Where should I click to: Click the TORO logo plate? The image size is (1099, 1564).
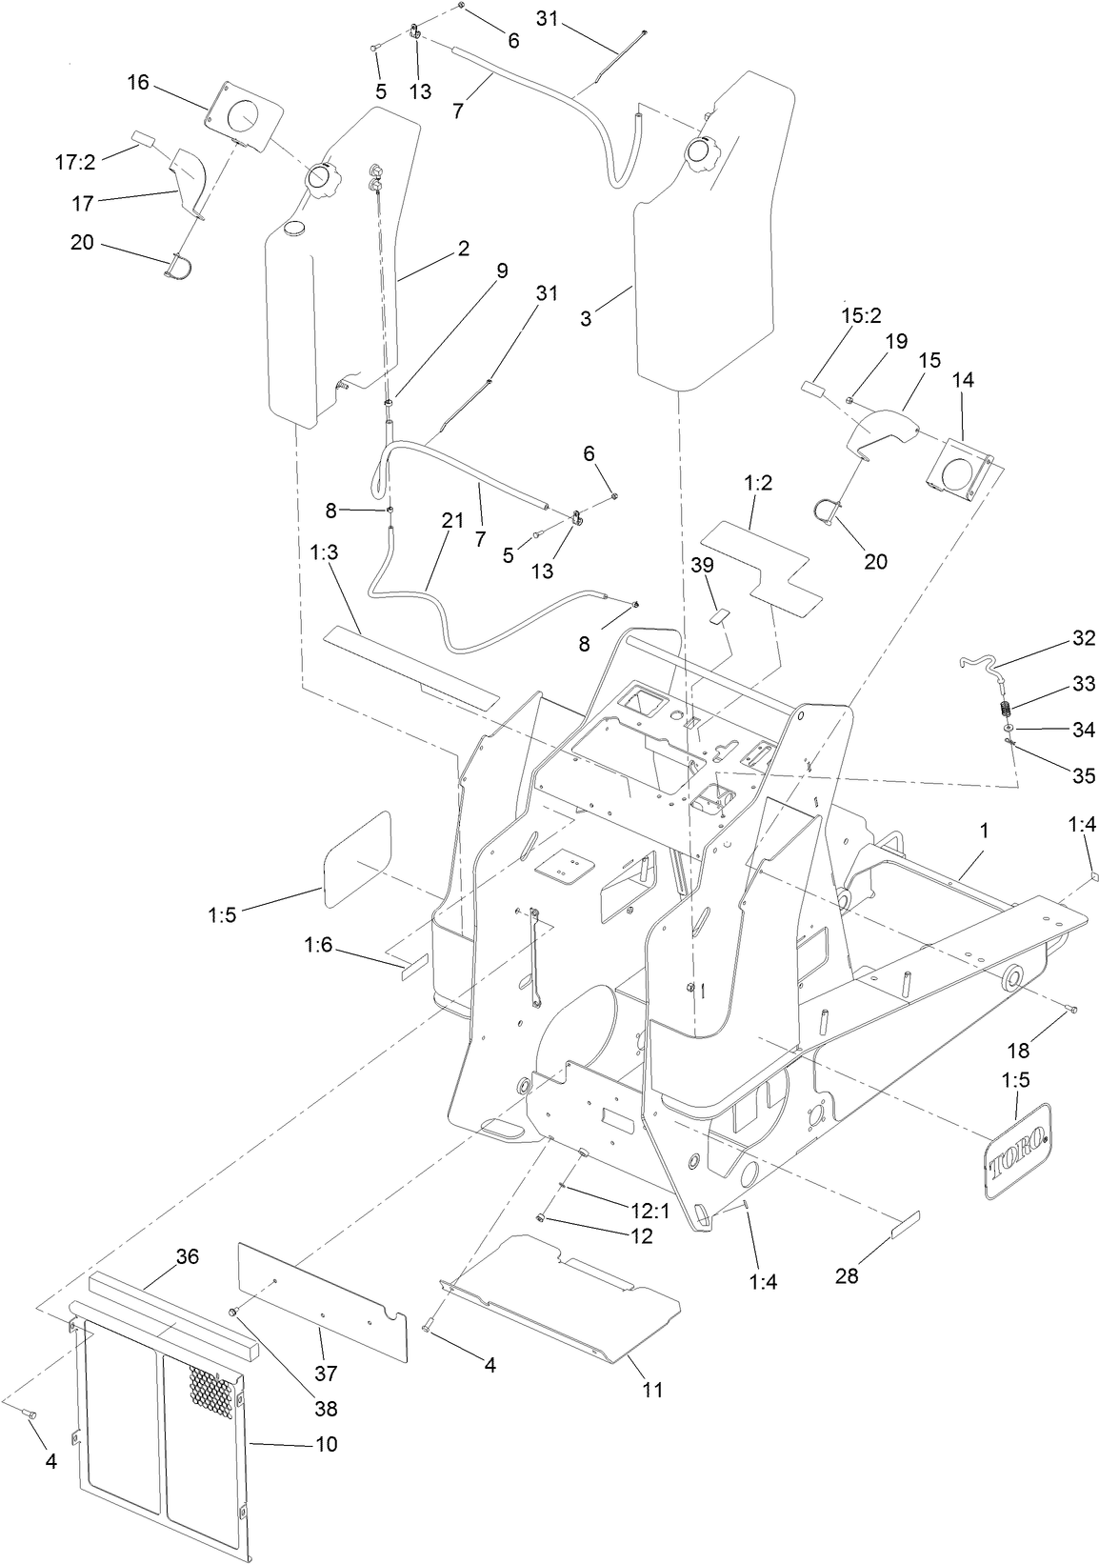(1017, 1152)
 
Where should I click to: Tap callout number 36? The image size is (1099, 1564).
(187, 1257)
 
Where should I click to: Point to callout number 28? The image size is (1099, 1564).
(847, 1274)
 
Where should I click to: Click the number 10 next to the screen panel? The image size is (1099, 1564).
(326, 1444)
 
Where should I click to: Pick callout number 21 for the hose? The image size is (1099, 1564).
(451, 521)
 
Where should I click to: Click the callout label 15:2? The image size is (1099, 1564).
(861, 314)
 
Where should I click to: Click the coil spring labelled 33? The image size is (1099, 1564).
(1002, 710)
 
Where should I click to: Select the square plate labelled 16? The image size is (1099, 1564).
(244, 117)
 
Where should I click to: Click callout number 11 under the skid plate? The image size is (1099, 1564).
(651, 1390)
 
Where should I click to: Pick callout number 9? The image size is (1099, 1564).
(502, 271)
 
